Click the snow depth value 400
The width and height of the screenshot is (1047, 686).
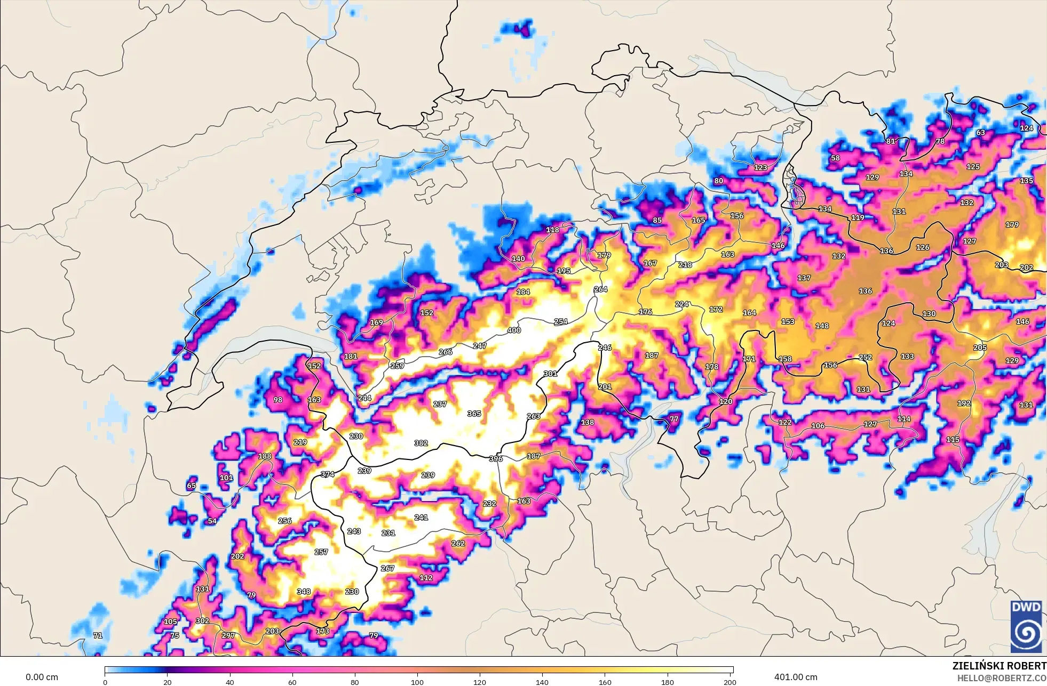[514, 330]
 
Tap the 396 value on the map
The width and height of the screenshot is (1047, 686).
[496, 458]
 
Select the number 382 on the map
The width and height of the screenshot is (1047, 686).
[421, 443]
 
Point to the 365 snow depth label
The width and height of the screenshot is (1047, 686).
[474, 414]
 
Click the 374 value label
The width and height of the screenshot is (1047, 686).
[327, 474]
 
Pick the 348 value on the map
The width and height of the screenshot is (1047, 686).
[304, 592]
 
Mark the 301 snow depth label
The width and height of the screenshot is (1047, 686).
[550, 374]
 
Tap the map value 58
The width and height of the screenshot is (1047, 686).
[835, 158]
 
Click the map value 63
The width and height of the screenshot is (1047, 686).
[981, 132]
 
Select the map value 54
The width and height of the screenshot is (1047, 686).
[212, 521]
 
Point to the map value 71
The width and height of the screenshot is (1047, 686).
[98, 635]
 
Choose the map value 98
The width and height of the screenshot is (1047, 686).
[277, 400]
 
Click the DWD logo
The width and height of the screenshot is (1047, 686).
[1026, 626]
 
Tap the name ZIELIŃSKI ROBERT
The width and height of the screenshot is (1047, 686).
[999, 666]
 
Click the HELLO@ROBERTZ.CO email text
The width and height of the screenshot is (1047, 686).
[1001, 678]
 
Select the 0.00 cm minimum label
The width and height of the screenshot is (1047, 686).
[42, 677]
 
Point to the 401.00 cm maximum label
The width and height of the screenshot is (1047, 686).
[796, 677]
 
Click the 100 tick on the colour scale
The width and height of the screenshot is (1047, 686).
[417, 682]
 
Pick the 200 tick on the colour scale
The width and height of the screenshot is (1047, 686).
[729, 682]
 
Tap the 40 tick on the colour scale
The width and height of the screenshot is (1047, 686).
[230, 682]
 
